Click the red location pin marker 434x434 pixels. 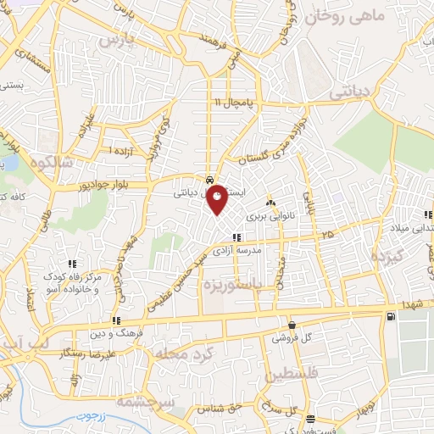click(x=218, y=198)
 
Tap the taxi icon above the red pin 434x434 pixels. click(x=209, y=181)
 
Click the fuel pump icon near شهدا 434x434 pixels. click(x=389, y=317)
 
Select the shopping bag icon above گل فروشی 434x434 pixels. click(x=292, y=325)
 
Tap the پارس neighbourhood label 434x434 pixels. click(x=117, y=40)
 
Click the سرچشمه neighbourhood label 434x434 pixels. click(x=143, y=400)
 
